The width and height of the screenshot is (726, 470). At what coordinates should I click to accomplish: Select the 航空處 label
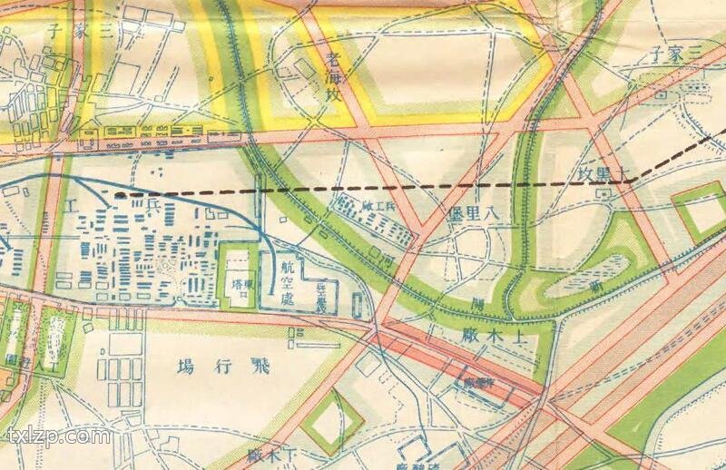(288, 281)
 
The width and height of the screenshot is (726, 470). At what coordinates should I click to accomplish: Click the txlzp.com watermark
(57, 436)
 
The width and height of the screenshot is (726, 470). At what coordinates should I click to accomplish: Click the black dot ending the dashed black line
(119, 194)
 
